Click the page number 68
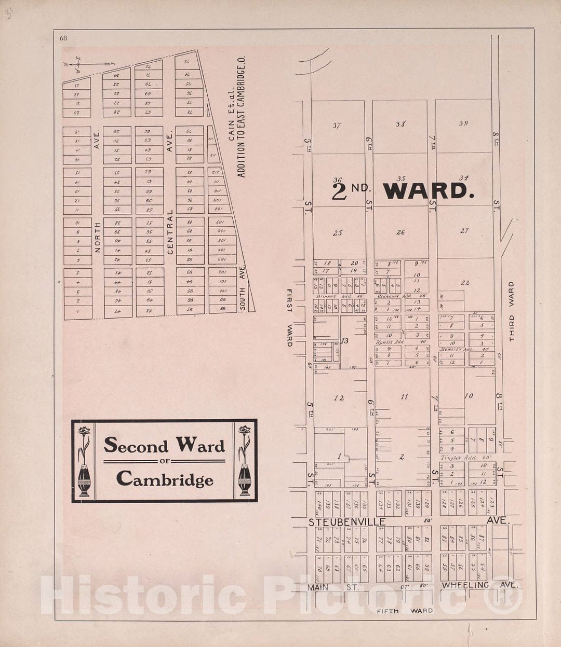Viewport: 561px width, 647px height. coord(63,38)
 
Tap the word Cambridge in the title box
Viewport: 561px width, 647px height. coord(165,479)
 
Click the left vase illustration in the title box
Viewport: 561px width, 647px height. coord(84,461)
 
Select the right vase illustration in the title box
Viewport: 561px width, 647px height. coord(245,461)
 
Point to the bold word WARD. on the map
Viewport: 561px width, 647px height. coord(429,191)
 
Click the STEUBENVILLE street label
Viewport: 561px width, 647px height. coord(347,521)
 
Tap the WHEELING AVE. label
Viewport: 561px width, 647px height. coord(480,585)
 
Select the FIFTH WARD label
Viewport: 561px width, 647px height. coord(405,611)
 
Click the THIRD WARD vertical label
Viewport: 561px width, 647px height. coord(511,311)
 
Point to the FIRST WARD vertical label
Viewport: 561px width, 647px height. coord(290,318)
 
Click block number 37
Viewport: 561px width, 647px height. coord(337,125)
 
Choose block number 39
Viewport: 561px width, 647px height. coord(463,123)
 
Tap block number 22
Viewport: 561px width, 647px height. coord(465,283)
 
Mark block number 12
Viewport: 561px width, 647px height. coord(339,398)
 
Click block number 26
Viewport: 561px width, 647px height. coord(400,232)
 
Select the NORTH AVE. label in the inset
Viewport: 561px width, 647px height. coord(97,192)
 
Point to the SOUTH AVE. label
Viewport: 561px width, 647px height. coord(242,288)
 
